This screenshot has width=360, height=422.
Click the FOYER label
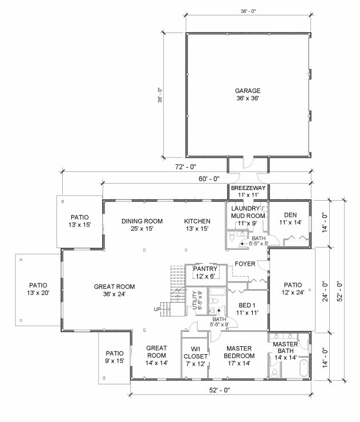(x=245, y=263)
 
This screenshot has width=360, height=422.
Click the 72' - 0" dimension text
(x=185, y=167)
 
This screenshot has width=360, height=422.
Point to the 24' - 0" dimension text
(x=326, y=291)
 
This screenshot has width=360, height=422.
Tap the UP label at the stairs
(x=157, y=309)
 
